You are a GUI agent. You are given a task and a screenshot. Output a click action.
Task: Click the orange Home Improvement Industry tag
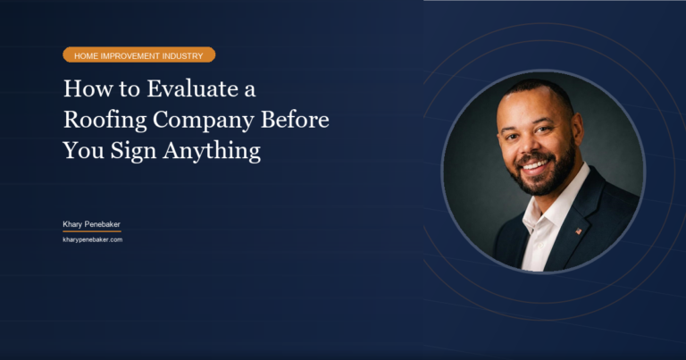click(138, 55)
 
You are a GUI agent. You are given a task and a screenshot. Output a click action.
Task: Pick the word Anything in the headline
click(215, 151)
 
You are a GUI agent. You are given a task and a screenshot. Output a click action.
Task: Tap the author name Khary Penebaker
click(91, 223)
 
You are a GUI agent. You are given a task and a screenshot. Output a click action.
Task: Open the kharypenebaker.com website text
click(92, 239)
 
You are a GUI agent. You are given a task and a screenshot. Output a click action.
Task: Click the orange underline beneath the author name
click(91, 231)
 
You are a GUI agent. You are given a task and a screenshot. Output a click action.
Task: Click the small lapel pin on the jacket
click(578, 230)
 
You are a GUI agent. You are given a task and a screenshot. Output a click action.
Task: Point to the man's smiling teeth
click(534, 165)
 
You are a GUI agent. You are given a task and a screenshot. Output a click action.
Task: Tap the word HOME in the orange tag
click(87, 55)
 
